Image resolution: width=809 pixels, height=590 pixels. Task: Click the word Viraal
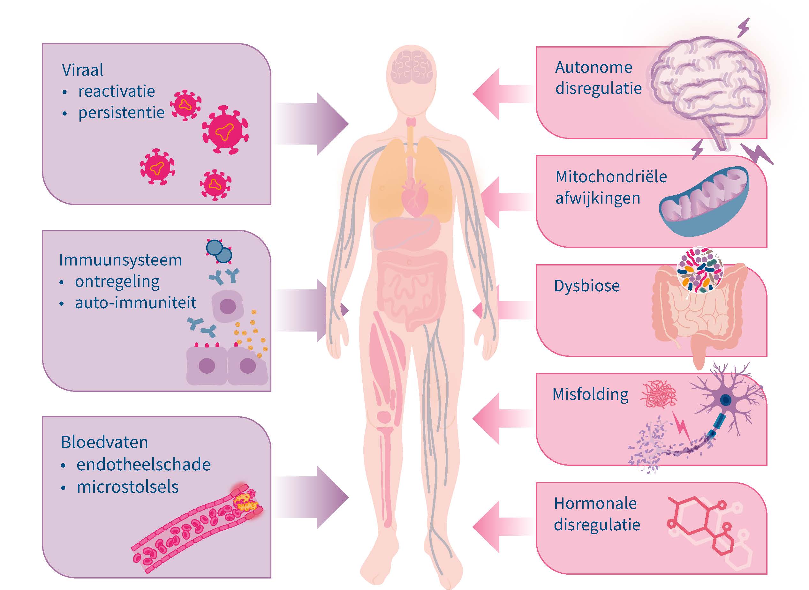[x=83, y=70]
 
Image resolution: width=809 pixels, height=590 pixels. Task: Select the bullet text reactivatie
[x=117, y=92]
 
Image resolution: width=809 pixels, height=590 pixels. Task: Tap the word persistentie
[x=122, y=113]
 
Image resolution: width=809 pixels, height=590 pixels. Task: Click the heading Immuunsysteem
[x=121, y=260]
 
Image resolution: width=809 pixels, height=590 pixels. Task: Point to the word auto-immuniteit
[x=135, y=303]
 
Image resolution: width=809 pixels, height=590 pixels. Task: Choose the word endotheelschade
[x=144, y=465]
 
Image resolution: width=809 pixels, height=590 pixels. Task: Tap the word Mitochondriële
[x=611, y=177]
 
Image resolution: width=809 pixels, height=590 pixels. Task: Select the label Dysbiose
[x=587, y=286]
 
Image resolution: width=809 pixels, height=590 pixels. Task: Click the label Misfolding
[x=590, y=395]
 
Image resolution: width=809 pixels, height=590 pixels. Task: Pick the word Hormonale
[x=595, y=504]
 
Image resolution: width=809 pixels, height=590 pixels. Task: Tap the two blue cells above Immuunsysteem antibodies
[x=219, y=251]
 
